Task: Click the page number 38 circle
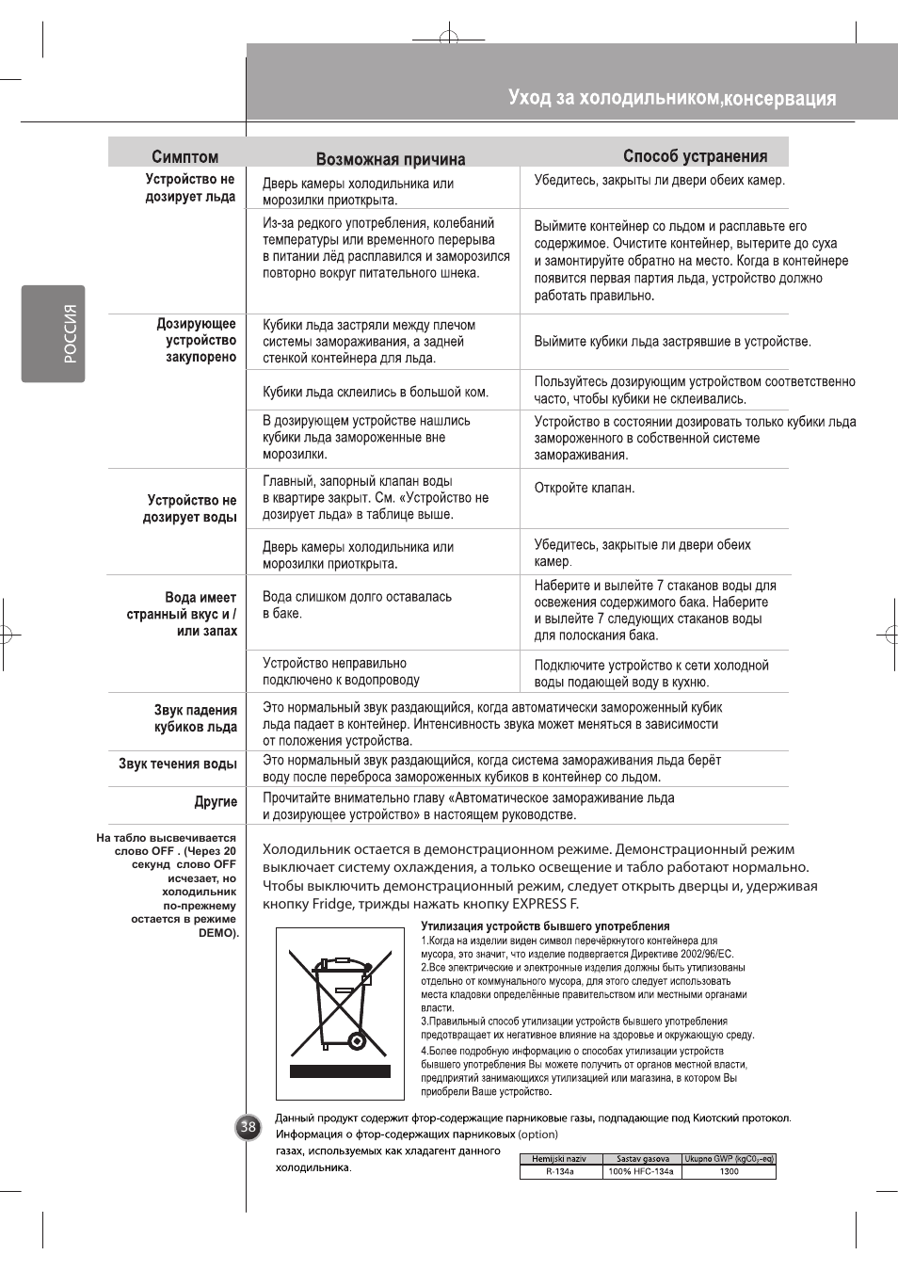pos(248,1127)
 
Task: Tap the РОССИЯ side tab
pos(54,334)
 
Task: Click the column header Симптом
pos(184,156)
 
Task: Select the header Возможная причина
pos(391,159)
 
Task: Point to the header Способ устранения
pos(695,156)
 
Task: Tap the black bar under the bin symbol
pos(340,1071)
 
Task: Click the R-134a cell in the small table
pos(559,1172)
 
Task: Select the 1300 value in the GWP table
pos(729,1172)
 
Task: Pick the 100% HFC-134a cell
pos(641,1172)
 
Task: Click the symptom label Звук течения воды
pos(178,764)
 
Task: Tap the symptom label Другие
pos(216,802)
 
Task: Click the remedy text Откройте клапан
pos(585,488)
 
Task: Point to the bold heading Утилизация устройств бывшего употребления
pos(545,926)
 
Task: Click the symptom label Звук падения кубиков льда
pos(196,718)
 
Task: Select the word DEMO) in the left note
pos(218,933)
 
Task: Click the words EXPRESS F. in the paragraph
pos(545,904)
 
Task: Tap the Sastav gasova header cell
pos(643,1159)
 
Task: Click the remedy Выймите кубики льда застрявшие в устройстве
pos(672,342)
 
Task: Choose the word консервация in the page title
pos(779,99)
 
